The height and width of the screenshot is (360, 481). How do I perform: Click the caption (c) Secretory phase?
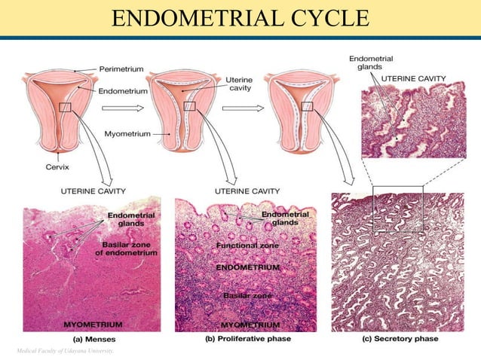(401, 339)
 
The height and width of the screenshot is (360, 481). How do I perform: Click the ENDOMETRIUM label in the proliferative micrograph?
(248, 268)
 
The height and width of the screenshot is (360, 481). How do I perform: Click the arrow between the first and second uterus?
(132, 108)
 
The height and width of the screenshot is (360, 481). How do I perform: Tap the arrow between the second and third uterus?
(248, 108)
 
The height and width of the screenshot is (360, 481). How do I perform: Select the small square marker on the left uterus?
(66, 108)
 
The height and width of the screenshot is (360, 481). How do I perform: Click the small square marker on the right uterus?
(307, 107)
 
